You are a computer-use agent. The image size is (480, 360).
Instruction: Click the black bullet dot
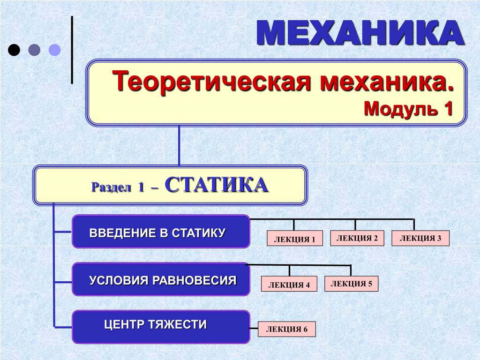(x=14, y=50)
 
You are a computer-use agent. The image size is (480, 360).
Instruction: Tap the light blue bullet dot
(x=55, y=50)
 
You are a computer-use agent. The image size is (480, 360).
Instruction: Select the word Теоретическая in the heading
(x=213, y=82)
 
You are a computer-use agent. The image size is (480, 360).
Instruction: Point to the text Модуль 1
(x=408, y=109)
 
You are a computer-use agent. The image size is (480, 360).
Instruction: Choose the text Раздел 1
(x=118, y=187)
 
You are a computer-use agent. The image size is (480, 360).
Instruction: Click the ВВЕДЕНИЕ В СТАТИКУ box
(x=160, y=232)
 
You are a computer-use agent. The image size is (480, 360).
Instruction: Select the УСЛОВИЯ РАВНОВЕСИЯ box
(x=160, y=279)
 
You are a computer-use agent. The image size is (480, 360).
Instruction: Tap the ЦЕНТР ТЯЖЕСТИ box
(x=160, y=326)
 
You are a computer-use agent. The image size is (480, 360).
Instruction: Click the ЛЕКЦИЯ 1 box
(x=295, y=239)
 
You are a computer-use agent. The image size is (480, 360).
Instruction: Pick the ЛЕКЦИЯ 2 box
(x=357, y=238)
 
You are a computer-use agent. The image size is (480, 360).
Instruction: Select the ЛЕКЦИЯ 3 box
(x=420, y=238)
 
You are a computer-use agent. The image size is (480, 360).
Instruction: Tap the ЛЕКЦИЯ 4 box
(x=289, y=284)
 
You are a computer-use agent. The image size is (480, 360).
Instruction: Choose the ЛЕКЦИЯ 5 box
(x=351, y=284)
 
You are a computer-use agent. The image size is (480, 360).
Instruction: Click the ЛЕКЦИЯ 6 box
(x=287, y=329)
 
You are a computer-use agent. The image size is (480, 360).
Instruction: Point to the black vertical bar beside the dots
(x=72, y=50)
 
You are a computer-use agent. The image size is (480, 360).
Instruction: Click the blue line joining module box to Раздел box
(x=179, y=145)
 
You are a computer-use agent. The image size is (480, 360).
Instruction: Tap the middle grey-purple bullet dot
(x=34, y=50)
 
